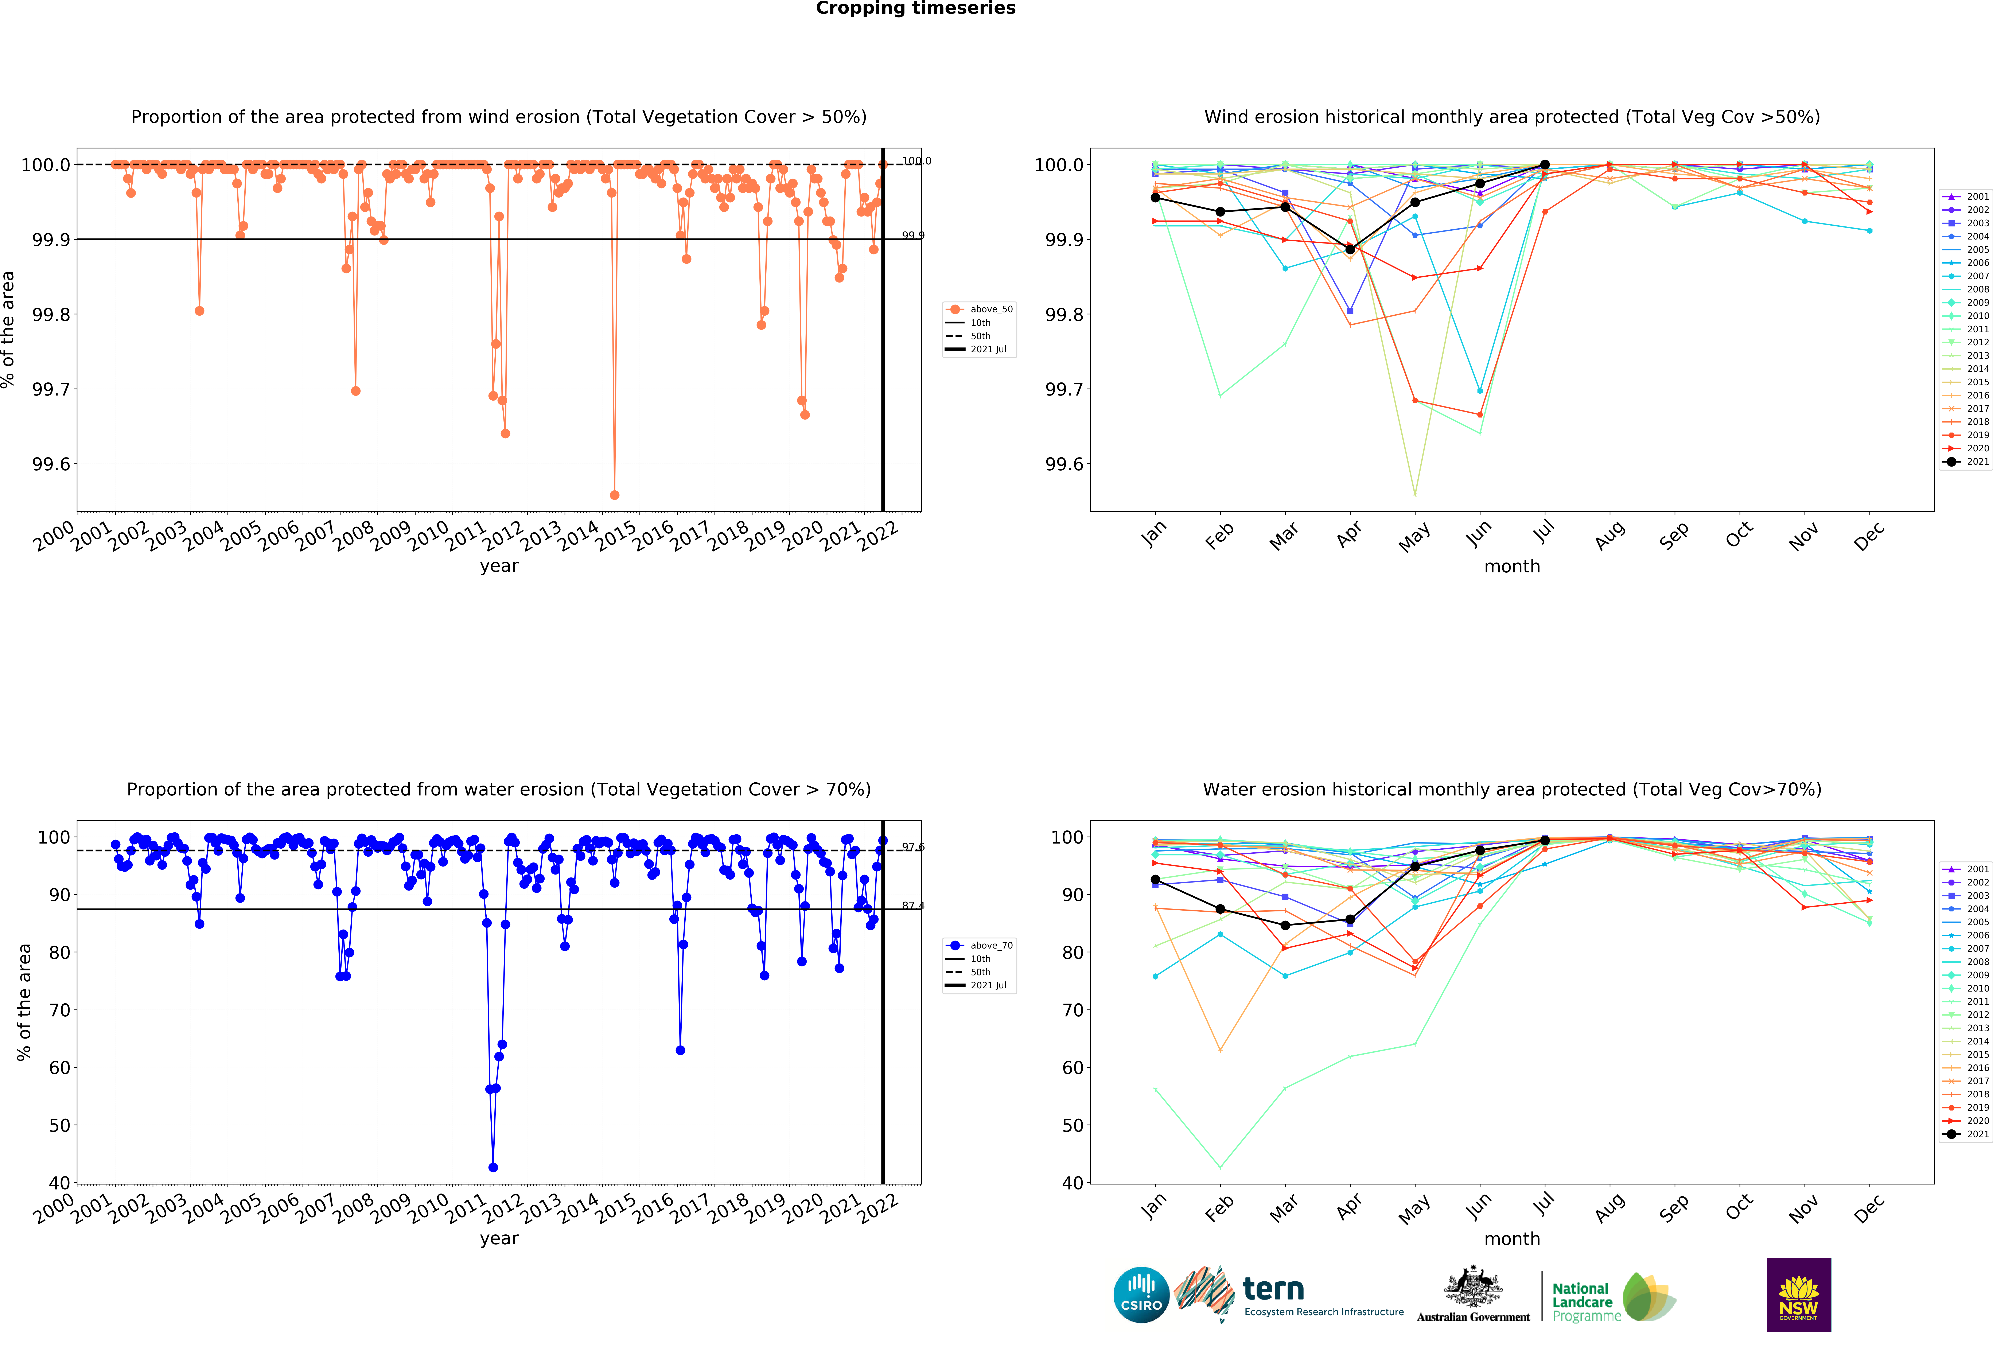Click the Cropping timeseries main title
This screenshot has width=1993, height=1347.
pos(915,9)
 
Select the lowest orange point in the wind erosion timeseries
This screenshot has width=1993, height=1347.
pos(614,495)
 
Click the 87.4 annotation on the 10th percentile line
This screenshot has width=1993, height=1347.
pos(912,906)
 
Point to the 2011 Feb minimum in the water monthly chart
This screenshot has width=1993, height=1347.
pos(1220,1167)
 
